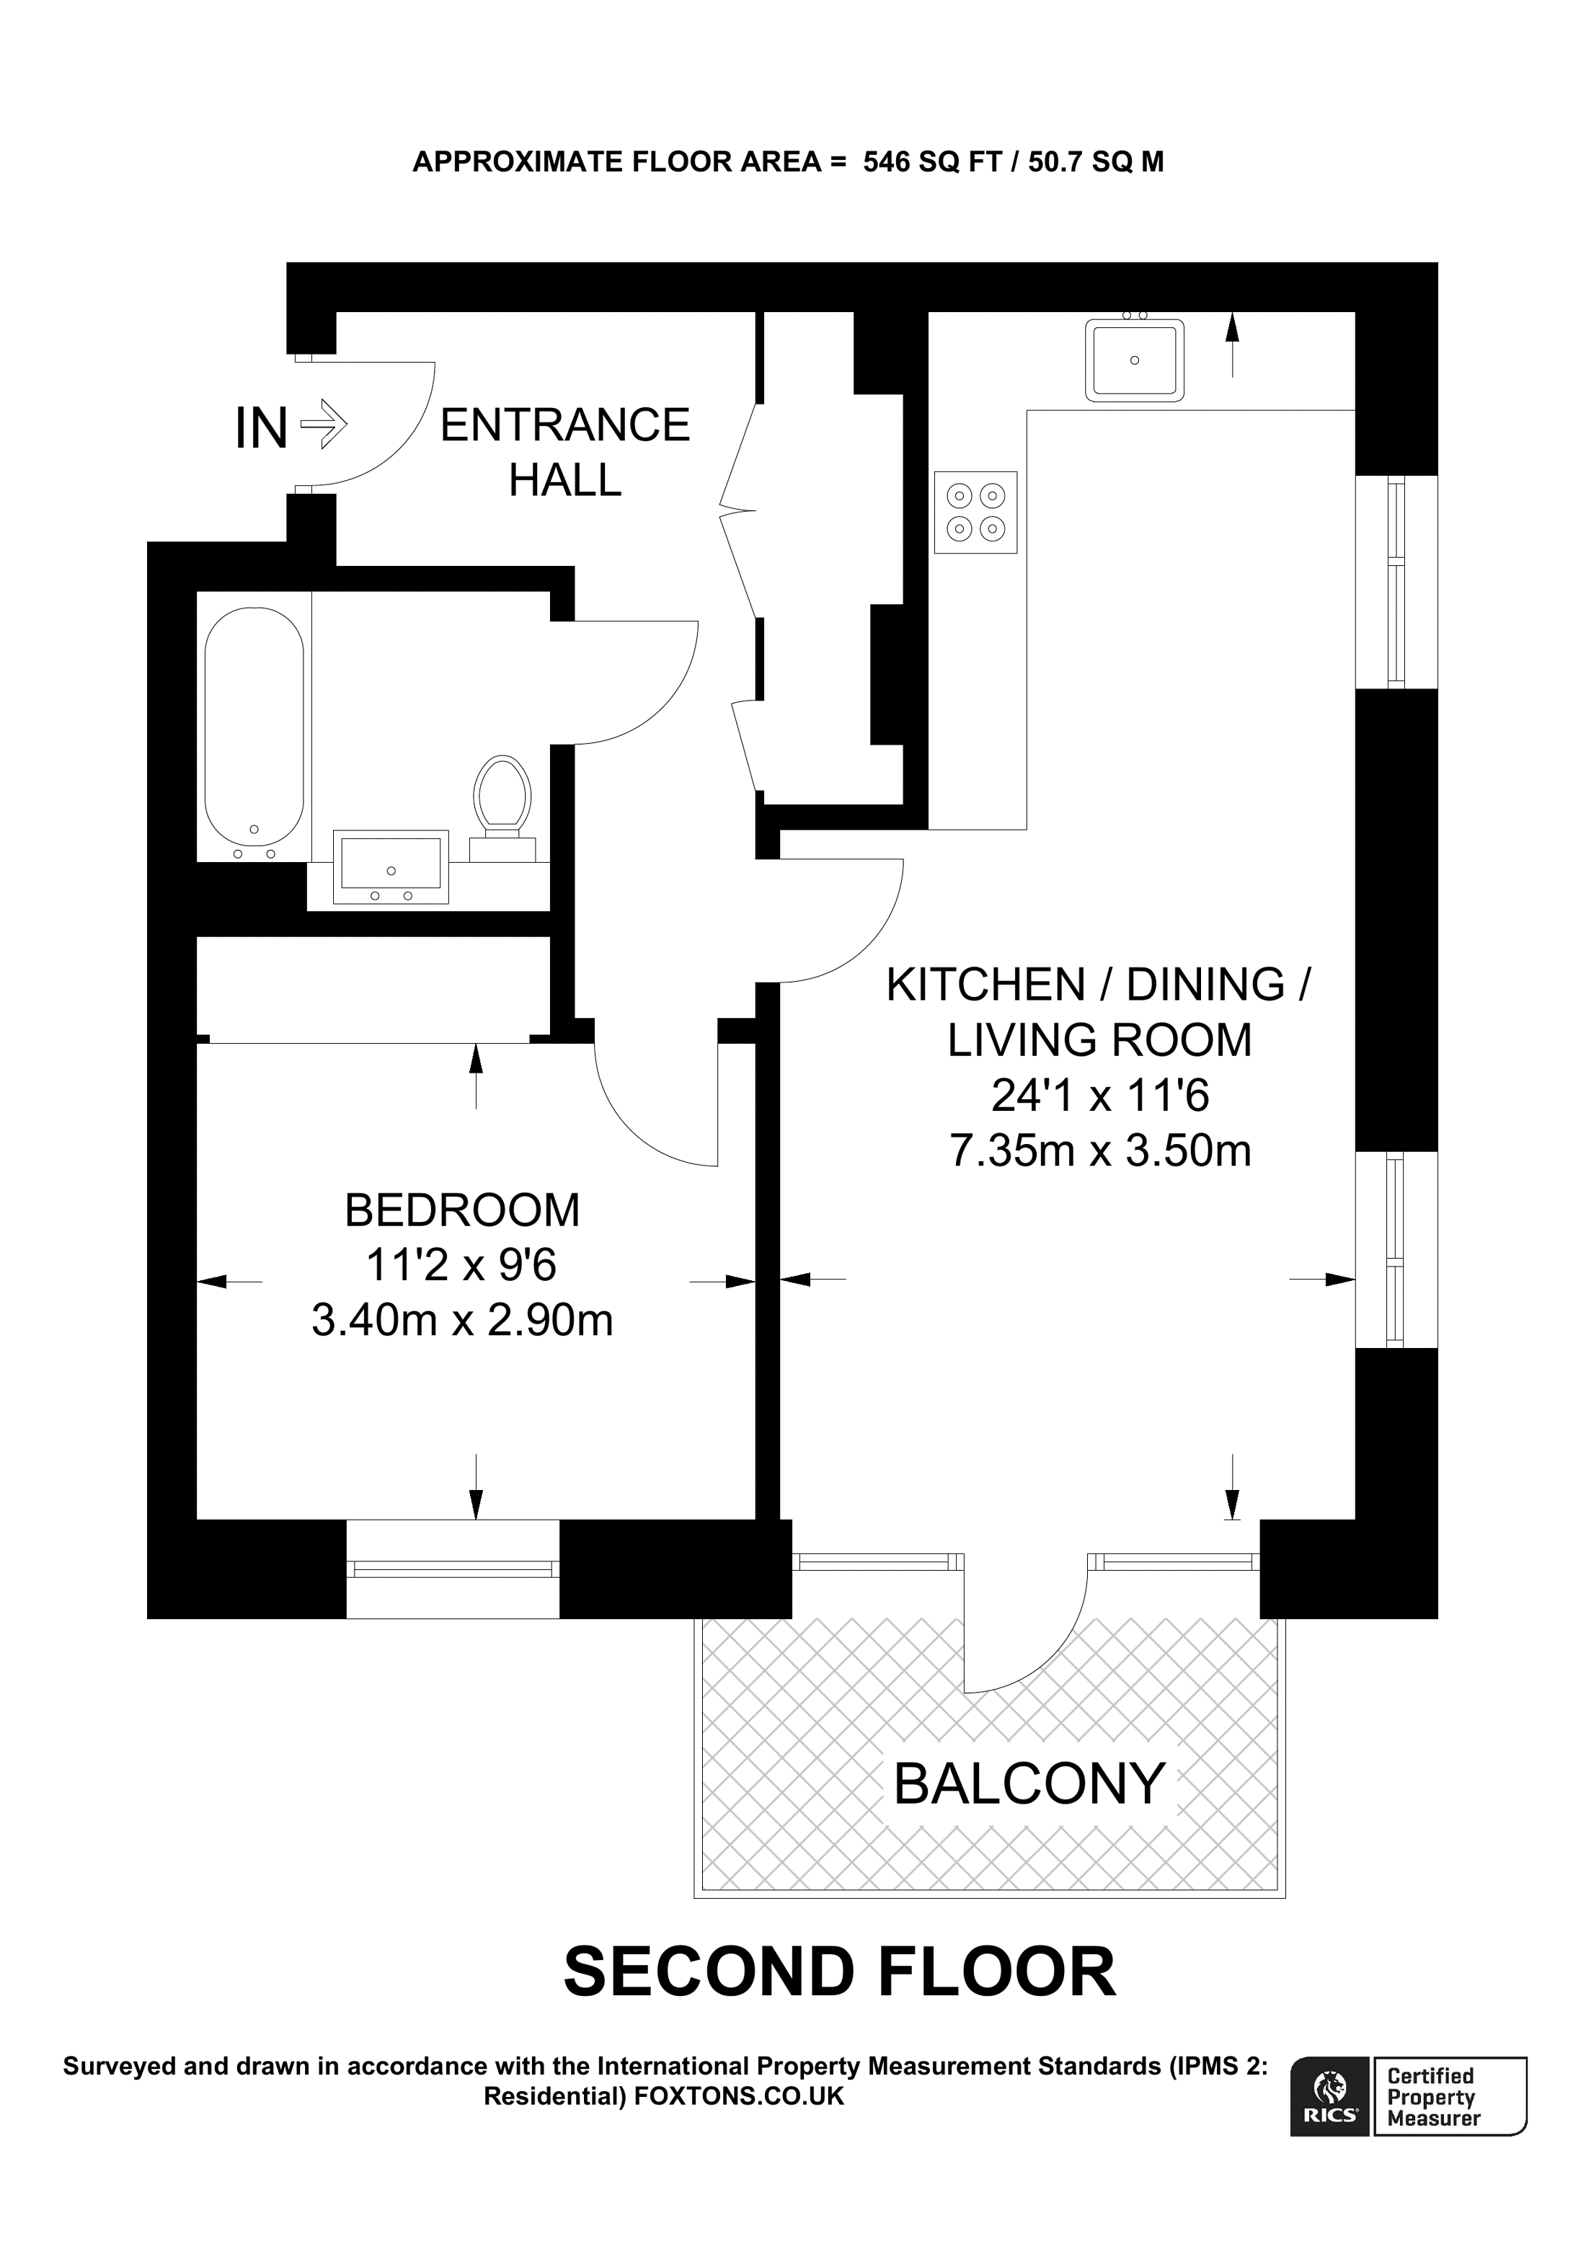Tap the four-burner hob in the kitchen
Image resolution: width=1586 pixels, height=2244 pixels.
pos(975,512)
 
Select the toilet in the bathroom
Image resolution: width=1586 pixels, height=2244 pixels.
pos(502,799)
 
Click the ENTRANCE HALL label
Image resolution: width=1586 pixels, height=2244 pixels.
pos(564,453)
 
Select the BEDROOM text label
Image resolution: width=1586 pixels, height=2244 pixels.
pos(461,1210)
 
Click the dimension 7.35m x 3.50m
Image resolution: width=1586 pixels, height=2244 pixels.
pos(1100,1150)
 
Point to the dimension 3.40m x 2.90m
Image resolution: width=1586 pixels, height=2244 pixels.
pos(461,1321)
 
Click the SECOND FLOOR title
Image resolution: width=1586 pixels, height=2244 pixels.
pos(838,1972)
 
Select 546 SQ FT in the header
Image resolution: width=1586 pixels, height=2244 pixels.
pos(931,161)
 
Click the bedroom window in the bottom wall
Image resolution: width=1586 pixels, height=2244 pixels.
pos(453,1569)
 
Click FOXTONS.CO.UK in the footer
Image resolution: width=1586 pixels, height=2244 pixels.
pos(739,2096)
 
